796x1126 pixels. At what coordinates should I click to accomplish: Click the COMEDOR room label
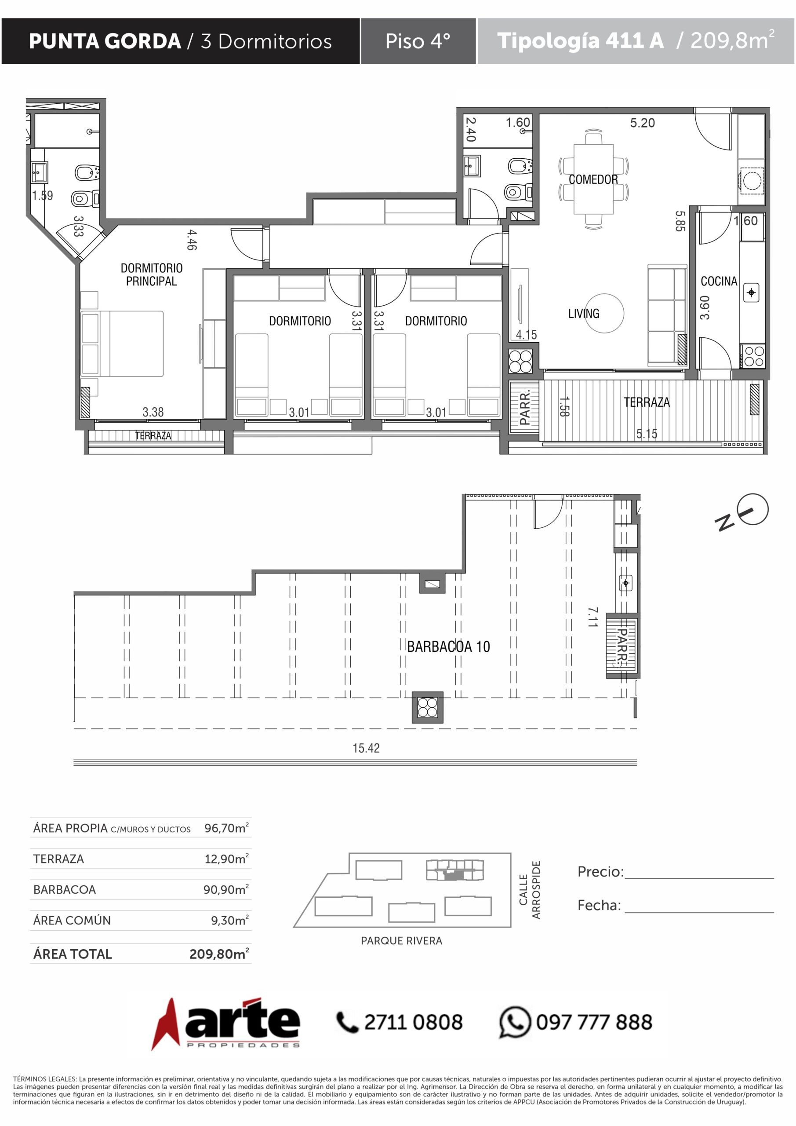click(x=593, y=179)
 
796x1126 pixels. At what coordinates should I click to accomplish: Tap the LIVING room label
click(x=584, y=313)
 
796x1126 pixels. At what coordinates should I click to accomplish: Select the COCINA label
click(x=719, y=281)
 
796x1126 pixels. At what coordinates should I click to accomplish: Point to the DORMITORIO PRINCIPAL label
click(x=152, y=274)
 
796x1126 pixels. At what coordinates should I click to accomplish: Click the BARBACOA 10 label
click(x=448, y=647)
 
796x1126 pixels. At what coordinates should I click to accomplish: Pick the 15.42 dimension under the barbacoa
click(x=366, y=748)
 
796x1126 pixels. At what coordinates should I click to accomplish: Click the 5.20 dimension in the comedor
click(x=642, y=123)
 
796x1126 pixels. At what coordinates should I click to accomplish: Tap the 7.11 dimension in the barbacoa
click(x=593, y=617)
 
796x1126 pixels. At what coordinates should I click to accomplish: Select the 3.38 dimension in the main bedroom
click(x=153, y=412)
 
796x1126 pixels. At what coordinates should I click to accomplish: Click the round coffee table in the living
click(x=604, y=313)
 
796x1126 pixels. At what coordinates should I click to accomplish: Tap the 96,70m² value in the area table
click(x=226, y=828)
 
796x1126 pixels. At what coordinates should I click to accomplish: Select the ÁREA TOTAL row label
click(x=73, y=954)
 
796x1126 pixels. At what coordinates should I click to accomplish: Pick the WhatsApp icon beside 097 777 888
click(x=515, y=1022)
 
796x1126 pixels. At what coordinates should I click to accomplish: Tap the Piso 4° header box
click(x=418, y=41)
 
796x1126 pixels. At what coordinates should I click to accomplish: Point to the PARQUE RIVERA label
click(x=401, y=941)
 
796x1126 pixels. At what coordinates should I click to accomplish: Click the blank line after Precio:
click(x=699, y=878)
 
